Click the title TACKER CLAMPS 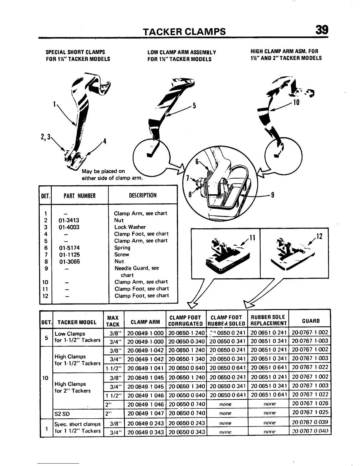point(184,31)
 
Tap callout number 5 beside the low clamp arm point(194,106)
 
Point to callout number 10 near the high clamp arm point(296,102)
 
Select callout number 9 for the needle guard point(273,195)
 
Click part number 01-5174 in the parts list point(69,248)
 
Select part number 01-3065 point(69,262)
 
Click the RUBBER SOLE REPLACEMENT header point(268,320)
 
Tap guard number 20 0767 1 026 point(310,404)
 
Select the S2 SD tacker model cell point(62,414)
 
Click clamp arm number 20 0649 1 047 point(145,413)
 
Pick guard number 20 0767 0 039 point(310,422)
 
